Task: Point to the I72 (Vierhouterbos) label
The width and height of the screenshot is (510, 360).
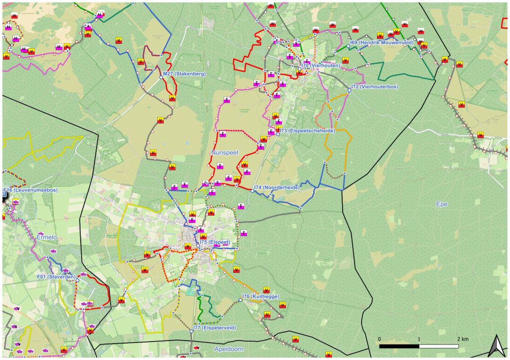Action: [375, 86]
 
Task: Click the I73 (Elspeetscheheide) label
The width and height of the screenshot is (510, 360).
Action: [307, 130]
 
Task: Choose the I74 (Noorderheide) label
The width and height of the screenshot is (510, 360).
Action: [276, 187]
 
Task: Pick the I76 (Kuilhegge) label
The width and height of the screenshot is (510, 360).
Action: [260, 297]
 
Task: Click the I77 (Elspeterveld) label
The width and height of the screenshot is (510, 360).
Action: [215, 328]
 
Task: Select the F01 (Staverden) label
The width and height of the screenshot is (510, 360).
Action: [56, 277]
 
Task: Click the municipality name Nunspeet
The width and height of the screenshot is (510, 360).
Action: [225, 152]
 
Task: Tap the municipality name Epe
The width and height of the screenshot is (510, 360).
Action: [442, 204]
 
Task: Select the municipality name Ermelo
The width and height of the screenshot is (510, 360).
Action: [48, 238]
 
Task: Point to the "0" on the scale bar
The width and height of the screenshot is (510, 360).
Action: [380, 339]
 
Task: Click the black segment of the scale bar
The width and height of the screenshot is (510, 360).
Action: [399, 346]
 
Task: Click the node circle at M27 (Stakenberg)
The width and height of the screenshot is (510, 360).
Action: [161, 77]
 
